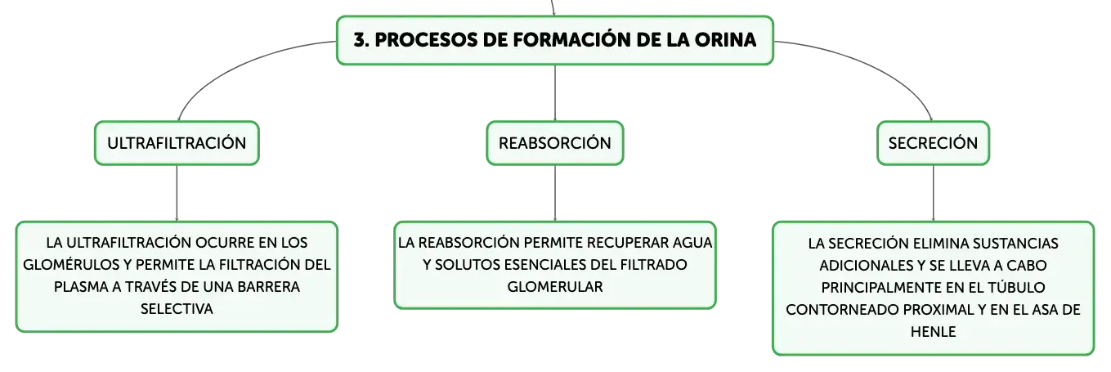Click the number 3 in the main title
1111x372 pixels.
(361, 40)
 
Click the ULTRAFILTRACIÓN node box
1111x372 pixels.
(177, 143)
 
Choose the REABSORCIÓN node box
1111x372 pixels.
(555, 143)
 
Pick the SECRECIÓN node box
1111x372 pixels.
(933, 143)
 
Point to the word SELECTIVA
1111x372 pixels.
(177, 309)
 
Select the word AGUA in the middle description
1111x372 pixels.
(692, 243)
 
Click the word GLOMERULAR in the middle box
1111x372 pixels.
(555, 287)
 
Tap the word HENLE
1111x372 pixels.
(933, 331)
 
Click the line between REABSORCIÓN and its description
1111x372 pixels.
(555, 193)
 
